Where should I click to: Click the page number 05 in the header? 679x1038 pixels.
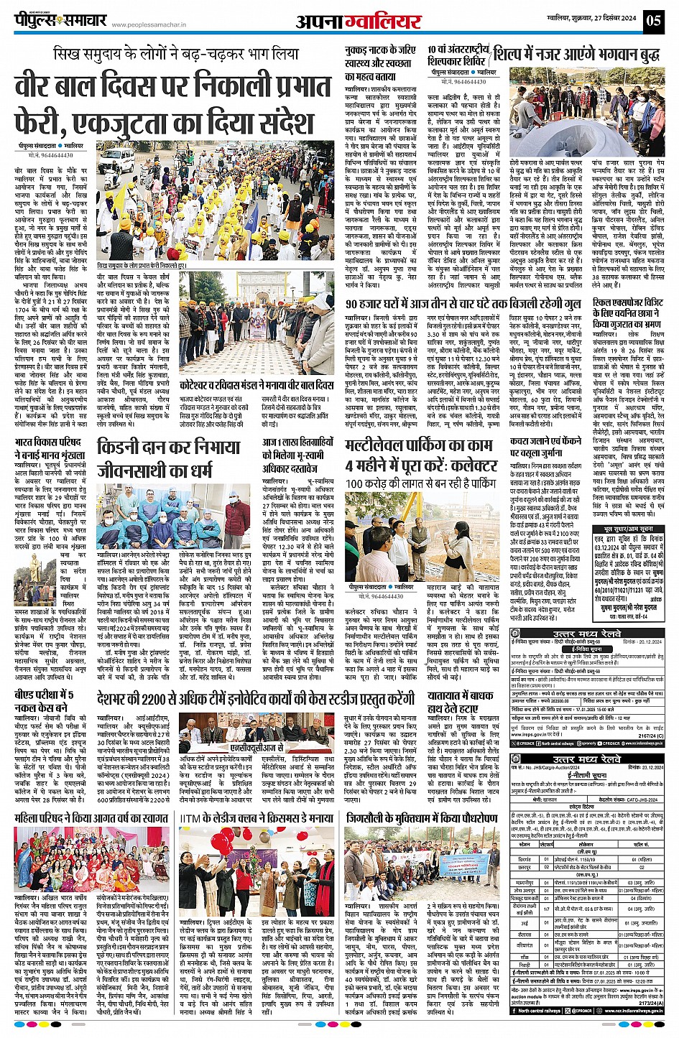tap(654, 19)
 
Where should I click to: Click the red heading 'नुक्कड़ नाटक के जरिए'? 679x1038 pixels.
tap(379, 50)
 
